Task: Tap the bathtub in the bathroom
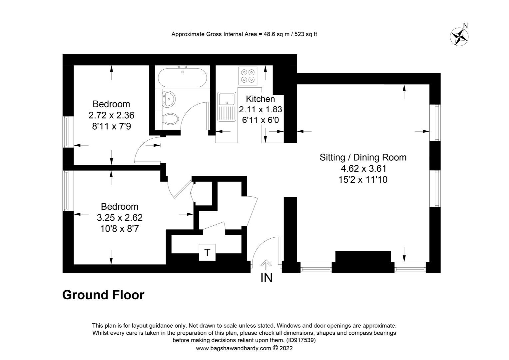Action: pyautogui.click(x=182, y=78)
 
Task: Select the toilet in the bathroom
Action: pyautogui.click(x=171, y=119)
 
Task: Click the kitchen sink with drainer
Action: pyautogui.click(x=226, y=106)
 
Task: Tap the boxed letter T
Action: pyautogui.click(x=207, y=252)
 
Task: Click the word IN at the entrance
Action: pyautogui.click(x=266, y=278)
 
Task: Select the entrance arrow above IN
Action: pyautogui.click(x=266, y=265)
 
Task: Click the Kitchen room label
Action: pyautogui.click(x=260, y=99)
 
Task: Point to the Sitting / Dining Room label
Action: pyautogui.click(x=363, y=157)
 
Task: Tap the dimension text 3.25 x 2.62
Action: pyautogui.click(x=120, y=218)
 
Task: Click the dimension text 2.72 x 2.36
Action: pyautogui.click(x=111, y=115)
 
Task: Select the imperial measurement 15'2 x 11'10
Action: pyautogui.click(x=363, y=180)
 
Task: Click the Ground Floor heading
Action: pyautogui.click(x=103, y=295)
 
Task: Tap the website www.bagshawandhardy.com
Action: pyautogui.click(x=234, y=348)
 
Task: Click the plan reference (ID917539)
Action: pyautogui.click(x=300, y=340)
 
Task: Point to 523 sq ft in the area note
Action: pyautogui.click(x=304, y=34)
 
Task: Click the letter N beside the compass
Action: pyautogui.click(x=466, y=26)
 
